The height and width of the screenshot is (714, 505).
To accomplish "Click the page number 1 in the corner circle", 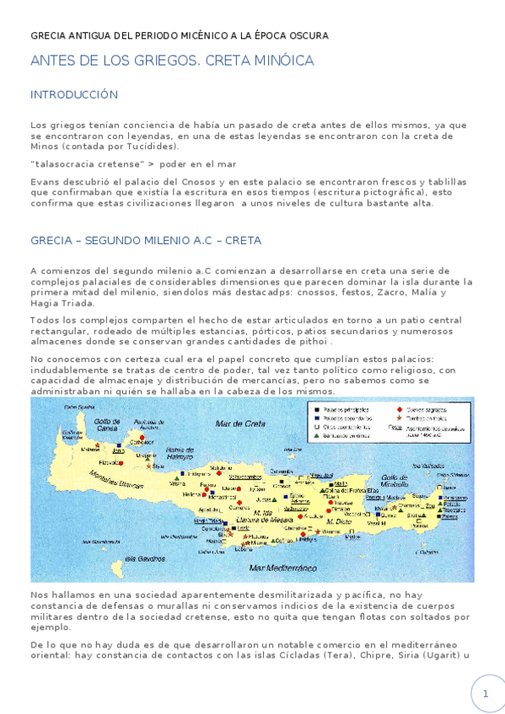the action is click(485, 694).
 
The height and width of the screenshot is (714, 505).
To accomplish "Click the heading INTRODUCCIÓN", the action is click(74, 94).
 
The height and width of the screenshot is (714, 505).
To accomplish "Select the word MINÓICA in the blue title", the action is click(281, 61).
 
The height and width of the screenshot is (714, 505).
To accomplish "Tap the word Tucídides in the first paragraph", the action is click(150, 146).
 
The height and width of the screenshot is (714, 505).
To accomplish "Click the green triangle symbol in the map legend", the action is click(314, 435).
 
